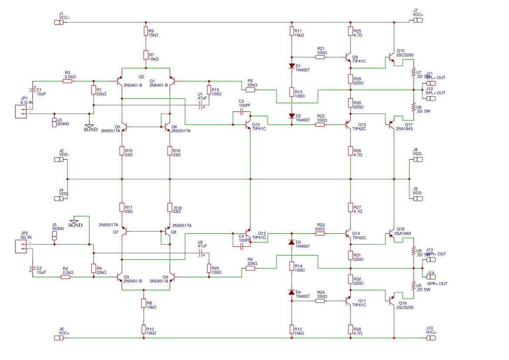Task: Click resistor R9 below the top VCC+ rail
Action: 145,31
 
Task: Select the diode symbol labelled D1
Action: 292,66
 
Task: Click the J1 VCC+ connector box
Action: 59,22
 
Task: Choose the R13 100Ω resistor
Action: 292,92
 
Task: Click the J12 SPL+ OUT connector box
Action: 430,98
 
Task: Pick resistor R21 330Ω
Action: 320,57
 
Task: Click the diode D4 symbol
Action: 292,292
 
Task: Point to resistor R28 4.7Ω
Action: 350,329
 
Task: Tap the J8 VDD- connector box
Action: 417,159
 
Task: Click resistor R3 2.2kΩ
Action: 67,81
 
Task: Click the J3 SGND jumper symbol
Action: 54,122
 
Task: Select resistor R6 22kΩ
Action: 250,268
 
